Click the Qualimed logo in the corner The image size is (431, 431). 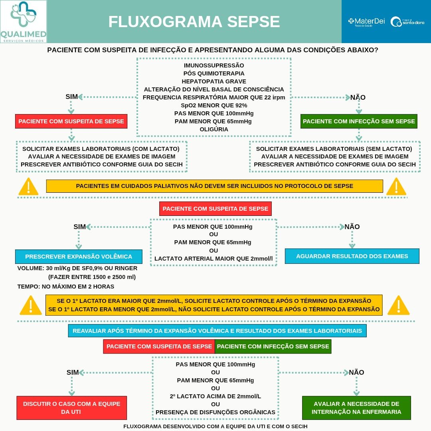pos(23,22)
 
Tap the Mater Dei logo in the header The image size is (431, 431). pos(366,22)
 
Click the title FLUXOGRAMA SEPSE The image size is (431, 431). pos(194,22)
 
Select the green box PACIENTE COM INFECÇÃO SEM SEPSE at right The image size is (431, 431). pos(359,121)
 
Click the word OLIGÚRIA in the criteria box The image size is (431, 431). pos(214,129)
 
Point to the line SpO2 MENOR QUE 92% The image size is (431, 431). pos(214,105)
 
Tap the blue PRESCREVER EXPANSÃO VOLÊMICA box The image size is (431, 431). pos(79,257)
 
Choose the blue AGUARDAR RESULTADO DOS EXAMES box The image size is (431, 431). pos(352,256)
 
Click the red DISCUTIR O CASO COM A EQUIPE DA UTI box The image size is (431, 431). pos(71,407)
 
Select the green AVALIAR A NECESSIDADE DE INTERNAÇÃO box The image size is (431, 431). pos(356,407)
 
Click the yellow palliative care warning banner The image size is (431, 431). pos(214,186)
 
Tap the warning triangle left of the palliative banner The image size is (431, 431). pos(29,186)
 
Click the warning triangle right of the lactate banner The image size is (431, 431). pos(398,305)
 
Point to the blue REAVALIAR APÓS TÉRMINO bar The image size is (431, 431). pos(217,331)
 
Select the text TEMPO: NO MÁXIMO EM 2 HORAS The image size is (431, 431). pos(66,287)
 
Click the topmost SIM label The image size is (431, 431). pos(72,97)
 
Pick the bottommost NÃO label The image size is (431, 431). pos(356,372)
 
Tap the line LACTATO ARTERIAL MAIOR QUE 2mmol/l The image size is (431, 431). pos(214,259)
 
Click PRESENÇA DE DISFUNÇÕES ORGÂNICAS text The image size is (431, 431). pos(215,412)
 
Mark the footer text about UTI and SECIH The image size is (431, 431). pos(215,426)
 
